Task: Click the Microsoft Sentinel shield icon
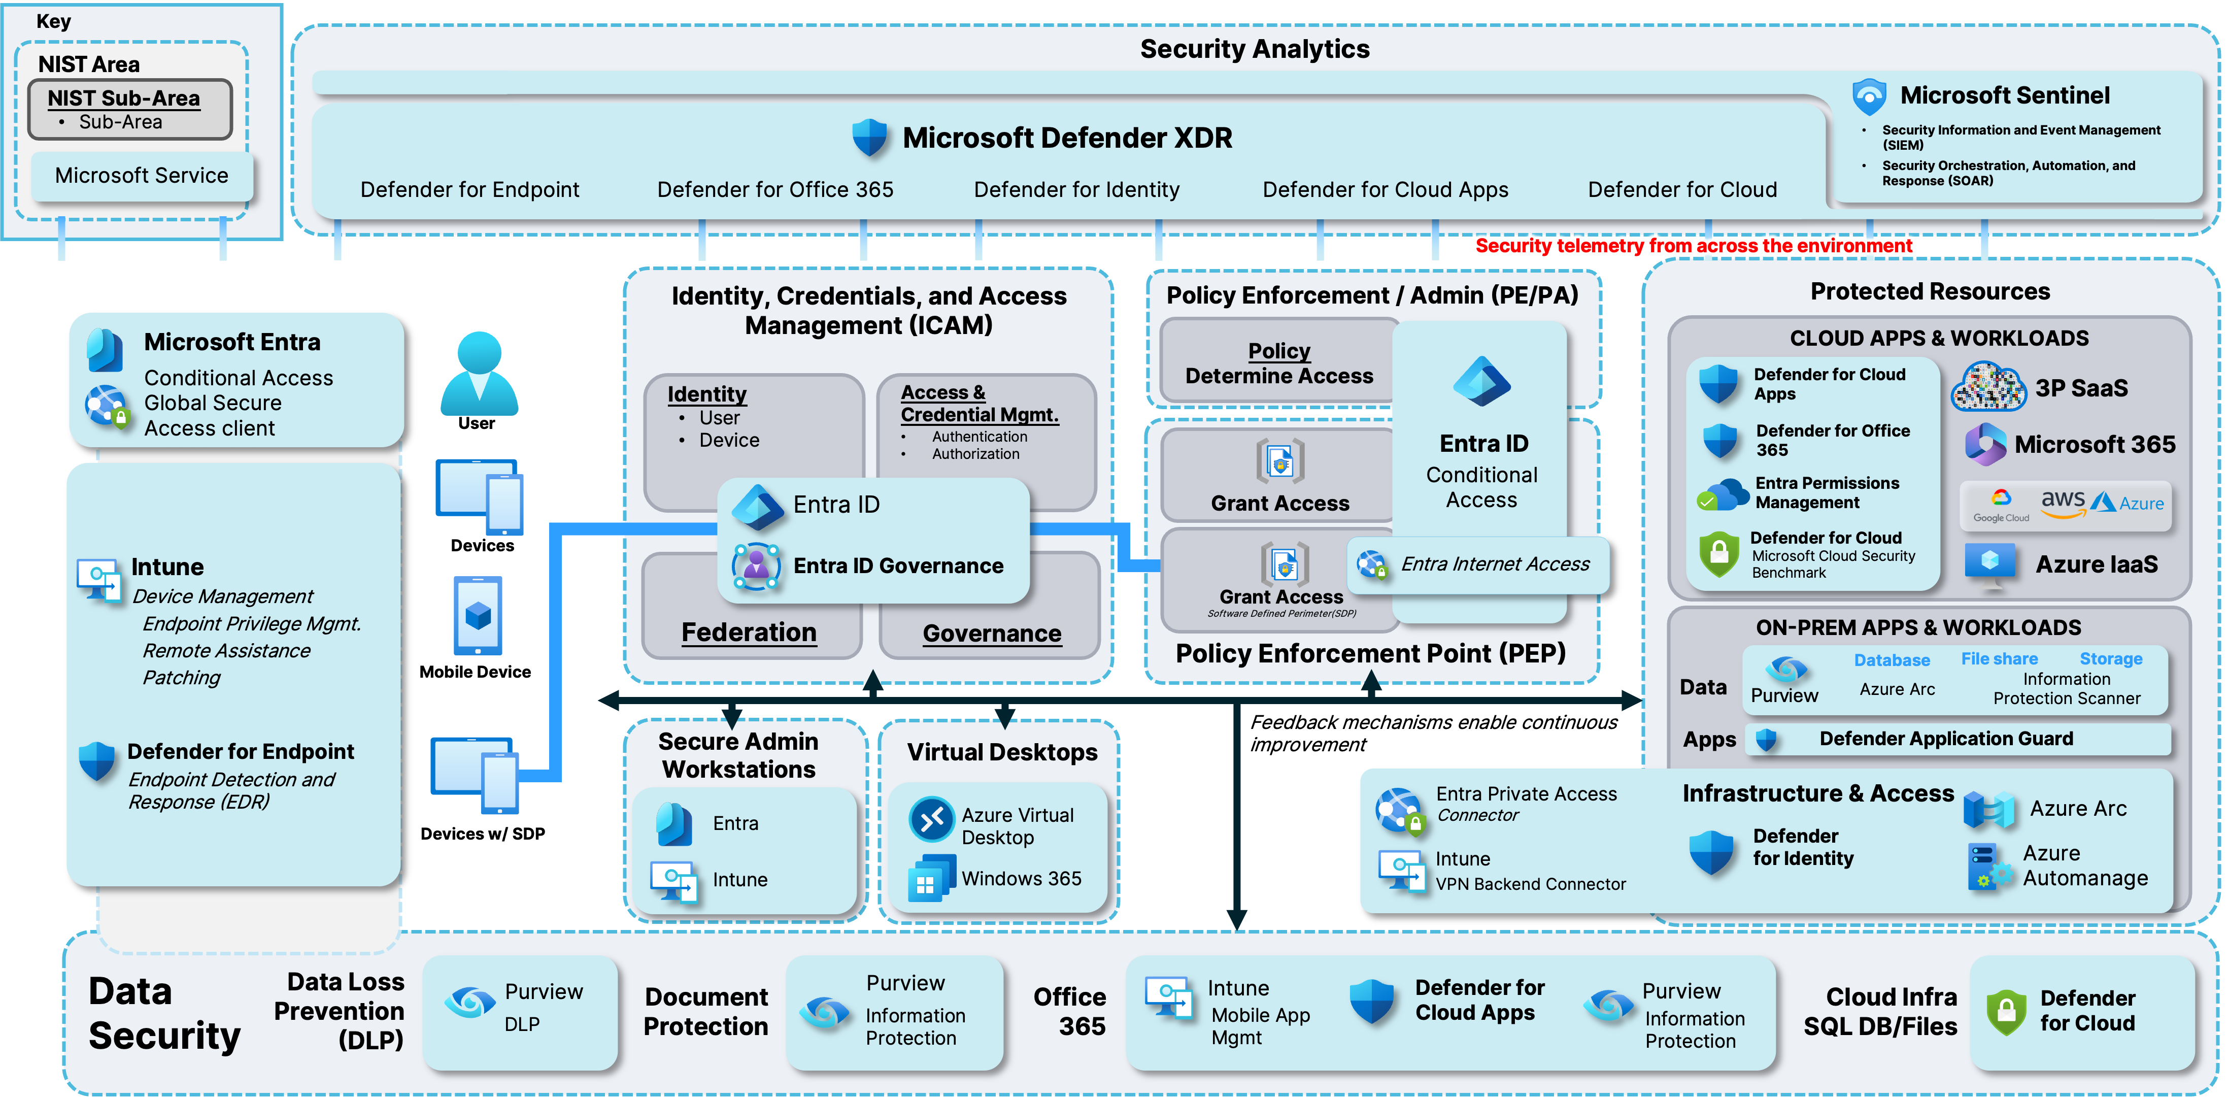click(x=1869, y=97)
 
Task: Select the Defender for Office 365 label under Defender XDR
click(x=775, y=189)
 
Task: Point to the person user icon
click(x=479, y=374)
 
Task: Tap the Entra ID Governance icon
click(x=756, y=567)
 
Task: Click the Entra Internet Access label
click(x=1495, y=564)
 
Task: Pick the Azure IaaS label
click(x=2097, y=564)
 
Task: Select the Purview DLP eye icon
click(x=469, y=1003)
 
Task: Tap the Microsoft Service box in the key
click(x=142, y=176)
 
